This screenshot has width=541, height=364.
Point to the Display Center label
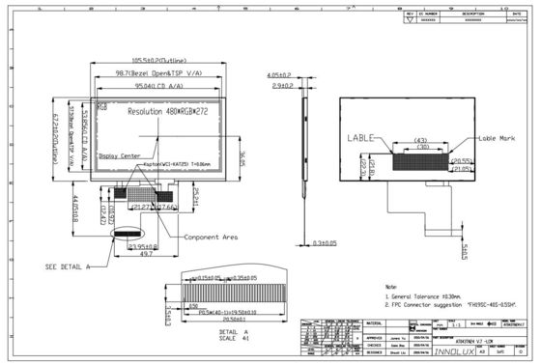pos(121,154)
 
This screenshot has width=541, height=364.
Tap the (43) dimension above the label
pos(420,142)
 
